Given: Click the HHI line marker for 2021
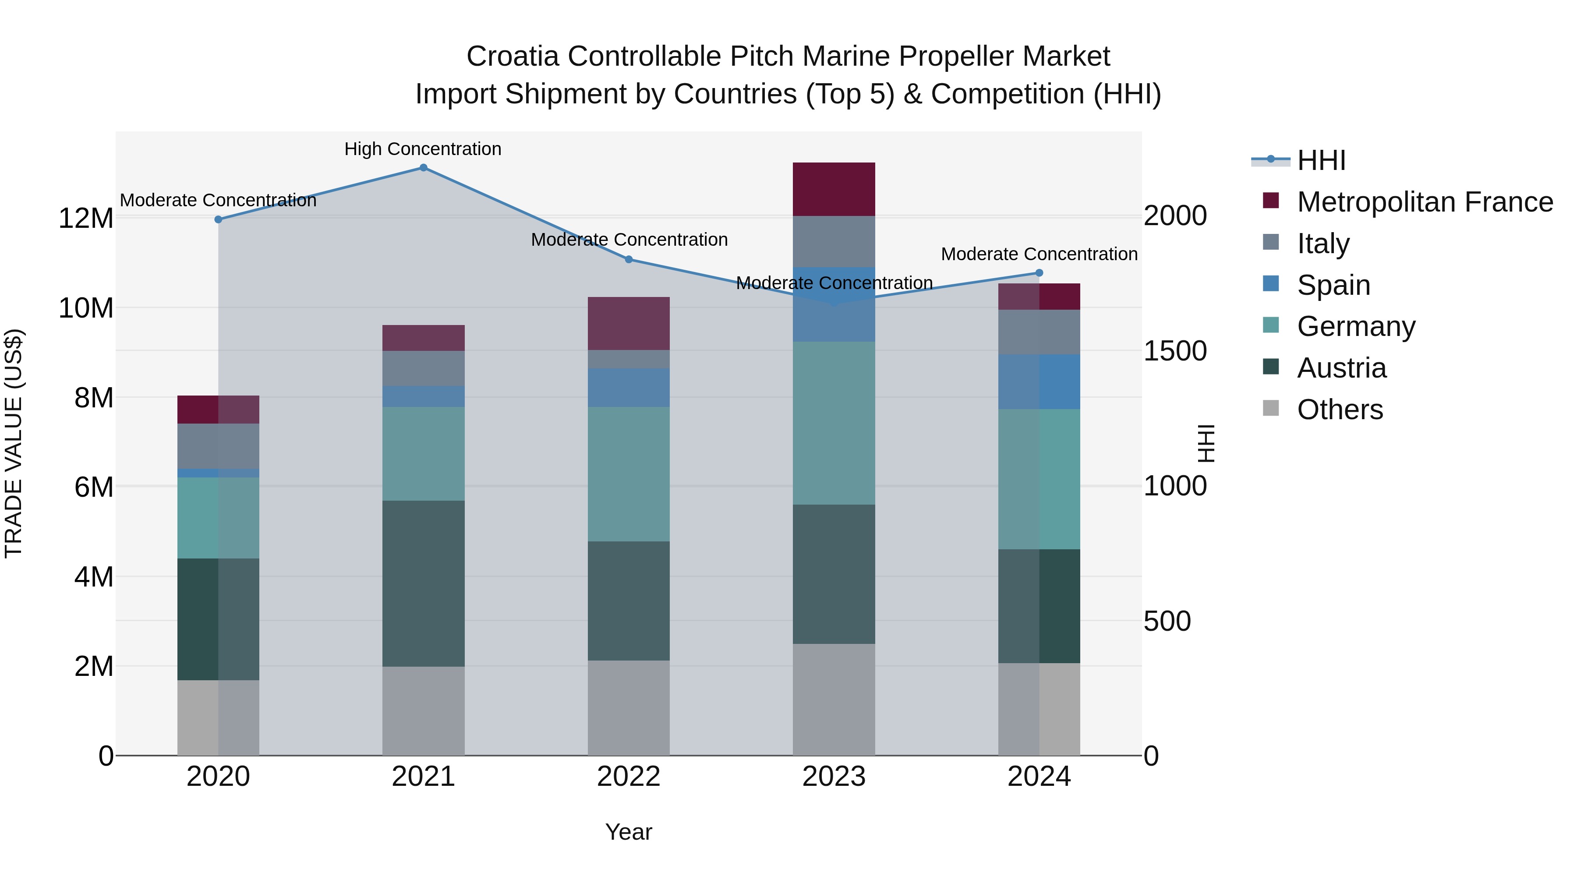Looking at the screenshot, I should tap(423, 168).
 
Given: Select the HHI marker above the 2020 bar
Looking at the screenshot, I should tap(218, 219).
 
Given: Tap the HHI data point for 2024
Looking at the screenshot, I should tap(1039, 273).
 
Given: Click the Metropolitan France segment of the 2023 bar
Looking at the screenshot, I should tap(834, 189).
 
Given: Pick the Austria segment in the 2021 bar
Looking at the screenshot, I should tap(423, 583).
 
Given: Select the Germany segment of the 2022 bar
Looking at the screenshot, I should tap(629, 474).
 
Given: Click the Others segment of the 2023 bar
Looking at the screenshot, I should tap(834, 699).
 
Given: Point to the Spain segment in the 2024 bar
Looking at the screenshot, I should tap(1039, 382).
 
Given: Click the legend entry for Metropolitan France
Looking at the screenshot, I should tap(1425, 202).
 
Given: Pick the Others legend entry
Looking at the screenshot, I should tap(1340, 410).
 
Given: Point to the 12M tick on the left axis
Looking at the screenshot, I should tap(86, 219).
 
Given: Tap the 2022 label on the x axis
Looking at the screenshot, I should tap(629, 777).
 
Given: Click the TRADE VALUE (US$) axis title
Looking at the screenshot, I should tap(14, 443).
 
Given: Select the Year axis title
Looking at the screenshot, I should tap(629, 832).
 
